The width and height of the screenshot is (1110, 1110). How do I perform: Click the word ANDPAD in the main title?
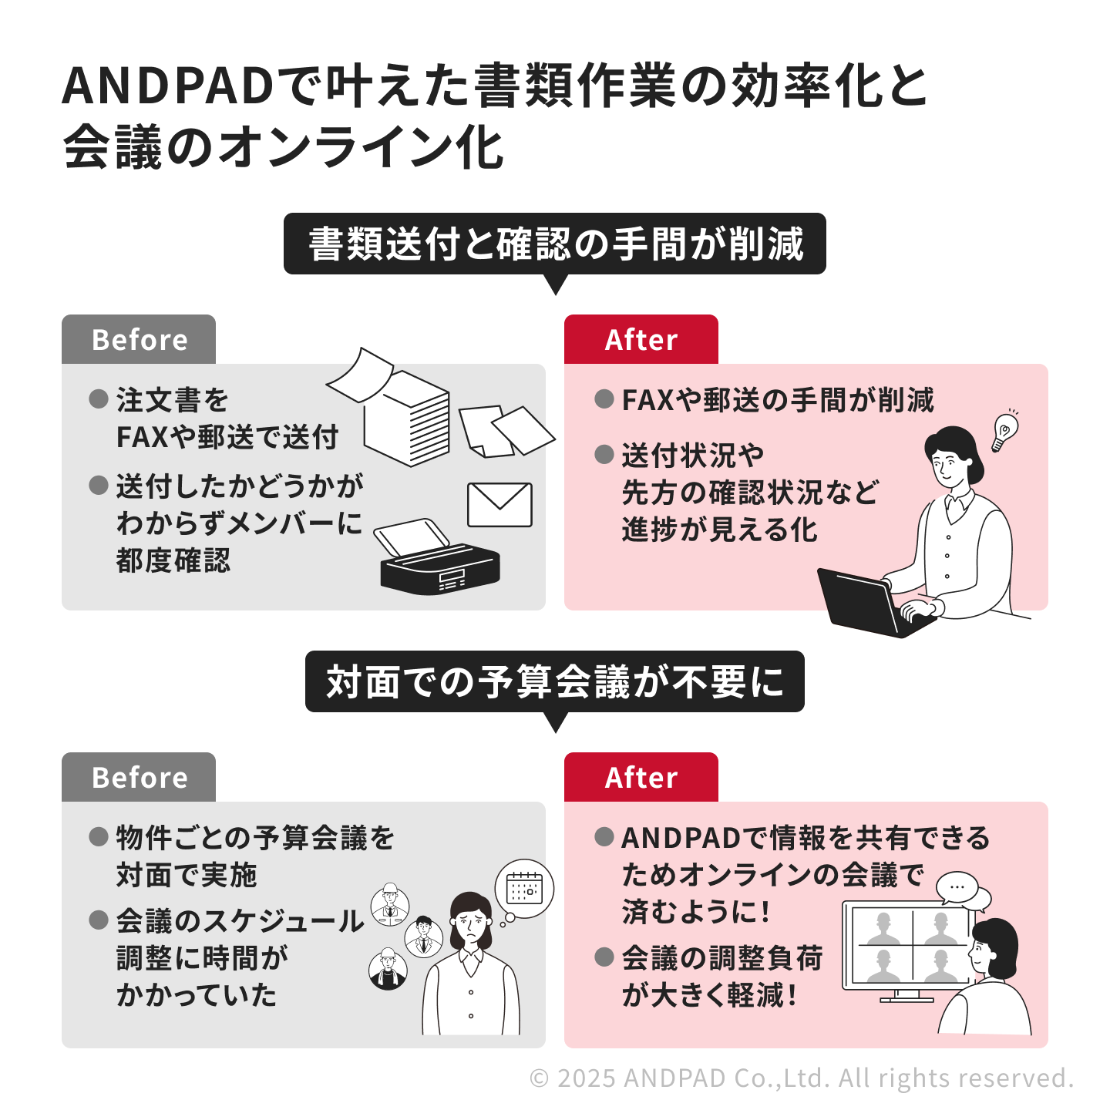click(x=167, y=86)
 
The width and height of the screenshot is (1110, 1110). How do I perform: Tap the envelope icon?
click(x=499, y=505)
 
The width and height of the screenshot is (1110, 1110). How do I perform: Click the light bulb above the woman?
click(x=1005, y=430)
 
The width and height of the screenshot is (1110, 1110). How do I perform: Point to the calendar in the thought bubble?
click(x=524, y=888)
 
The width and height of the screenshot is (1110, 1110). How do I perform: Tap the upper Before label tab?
click(x=139, y=339)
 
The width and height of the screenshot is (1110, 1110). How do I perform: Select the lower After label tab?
click(x=641, y=777)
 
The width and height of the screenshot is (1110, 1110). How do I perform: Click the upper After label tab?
click(x=641, y=339)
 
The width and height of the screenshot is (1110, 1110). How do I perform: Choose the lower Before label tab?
click(x=139, y=777)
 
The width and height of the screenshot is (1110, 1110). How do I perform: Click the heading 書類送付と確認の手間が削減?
click(x=555, y=244)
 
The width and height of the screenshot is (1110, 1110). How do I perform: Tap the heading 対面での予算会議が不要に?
click(x=555, y=681)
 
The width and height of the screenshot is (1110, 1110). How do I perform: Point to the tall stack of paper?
click(x=407, y=417)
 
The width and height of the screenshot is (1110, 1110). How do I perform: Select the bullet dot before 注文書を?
click(x=99, y=399)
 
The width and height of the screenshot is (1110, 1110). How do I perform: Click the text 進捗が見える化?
click(x=719, y=530)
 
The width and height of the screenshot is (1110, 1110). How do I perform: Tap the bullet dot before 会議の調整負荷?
click(x=604, y=957)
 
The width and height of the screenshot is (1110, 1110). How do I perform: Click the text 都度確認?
click(x=173, y=560)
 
